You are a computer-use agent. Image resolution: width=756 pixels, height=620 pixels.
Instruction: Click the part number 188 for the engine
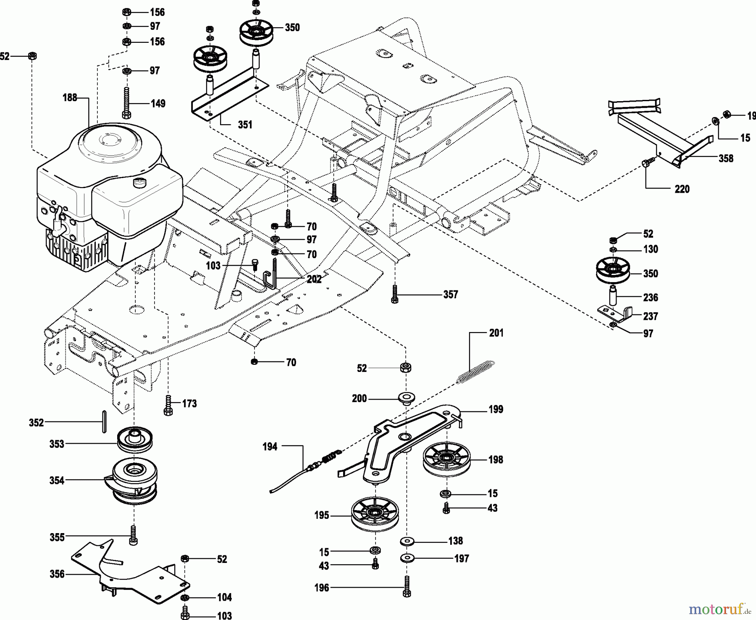point(70,98)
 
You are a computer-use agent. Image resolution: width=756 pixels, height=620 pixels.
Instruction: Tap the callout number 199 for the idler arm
point(496,409)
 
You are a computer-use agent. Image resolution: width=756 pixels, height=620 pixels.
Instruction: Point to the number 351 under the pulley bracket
point(245,125)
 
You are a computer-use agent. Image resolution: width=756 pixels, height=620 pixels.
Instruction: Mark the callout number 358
point(726,158)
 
